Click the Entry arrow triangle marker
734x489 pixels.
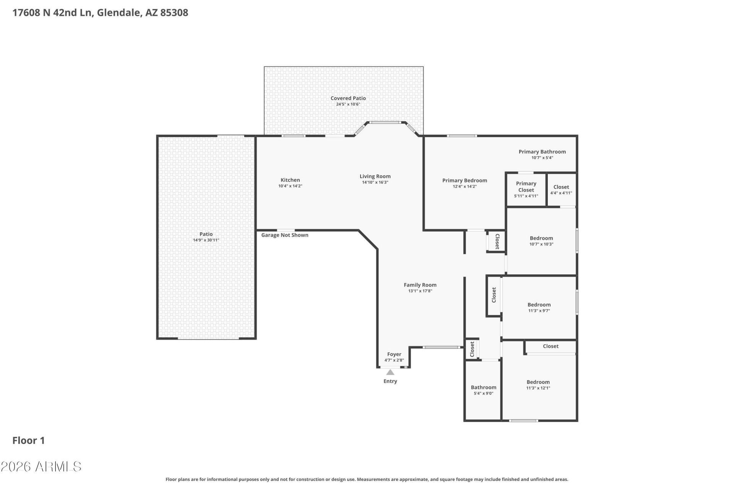pyautogui.click(x=390, y=372)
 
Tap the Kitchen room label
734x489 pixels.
pyautogui.click(x=290, y=180)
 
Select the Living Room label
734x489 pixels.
pyautogui.click(x=375, y=176)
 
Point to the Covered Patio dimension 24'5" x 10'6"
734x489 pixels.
pyautogui.click(x=348, y=104)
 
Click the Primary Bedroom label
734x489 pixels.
pyautogui.click(x=464, y=181)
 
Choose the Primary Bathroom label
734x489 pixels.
pyautogui.click(x=542, y=152)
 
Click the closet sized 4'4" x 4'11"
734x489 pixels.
pyautogui.click(x=561, y=190)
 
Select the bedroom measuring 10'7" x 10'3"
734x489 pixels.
pyautogui.click(x=541, y=241)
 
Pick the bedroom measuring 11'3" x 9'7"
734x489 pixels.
pyautogui.click(x=539, y=308)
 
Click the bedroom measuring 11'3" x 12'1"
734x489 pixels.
pyautogui.click(x=538, y=385)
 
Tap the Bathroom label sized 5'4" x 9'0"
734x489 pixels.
pyautogui.click(x=484, y=387)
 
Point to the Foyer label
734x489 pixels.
pyautogui.click(x=394, y=354)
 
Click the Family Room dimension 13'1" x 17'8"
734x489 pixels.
pyautogui.click(x=420, y=291)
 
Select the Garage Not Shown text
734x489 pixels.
pyautogui.click(x=285, y=235)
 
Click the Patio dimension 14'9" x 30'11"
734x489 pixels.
pyautogui.click(x=206, y=240)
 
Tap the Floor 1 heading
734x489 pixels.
pyautogui.click(x=29, y=440)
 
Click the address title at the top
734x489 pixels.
pyautogui.click(x=100, y=13)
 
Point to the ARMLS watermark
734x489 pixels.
pyautogui.click(x=41, y=466)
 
